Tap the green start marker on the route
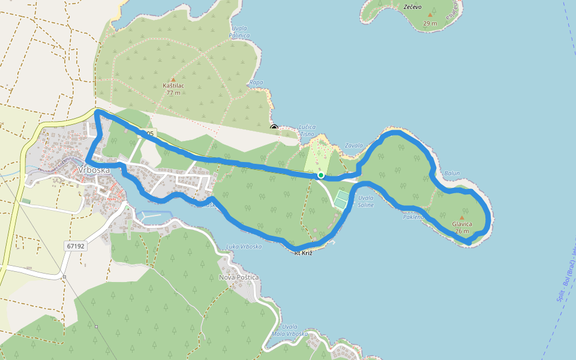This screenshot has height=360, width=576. pos(321,175)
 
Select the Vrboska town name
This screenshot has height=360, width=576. pos(94,170)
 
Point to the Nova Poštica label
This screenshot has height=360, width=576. pos(239,277)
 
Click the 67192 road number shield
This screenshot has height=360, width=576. pos(76,246)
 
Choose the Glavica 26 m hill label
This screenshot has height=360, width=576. pos(461,227)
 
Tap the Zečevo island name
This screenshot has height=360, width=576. pos(412,7)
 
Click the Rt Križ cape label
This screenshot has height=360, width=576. pos(304,253)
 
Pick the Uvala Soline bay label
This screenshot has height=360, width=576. pos(365,202)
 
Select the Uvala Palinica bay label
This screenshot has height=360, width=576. pos(240,32)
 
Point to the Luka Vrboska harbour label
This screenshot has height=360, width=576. pos(244,247)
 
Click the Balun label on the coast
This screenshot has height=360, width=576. pos(452,173)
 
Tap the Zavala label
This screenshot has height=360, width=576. pos(355,146)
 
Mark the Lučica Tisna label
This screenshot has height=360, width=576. pos(307,131)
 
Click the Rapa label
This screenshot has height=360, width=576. pos(256,82)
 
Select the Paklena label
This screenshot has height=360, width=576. pos(413,217)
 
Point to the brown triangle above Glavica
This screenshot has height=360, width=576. pos(461,217)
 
